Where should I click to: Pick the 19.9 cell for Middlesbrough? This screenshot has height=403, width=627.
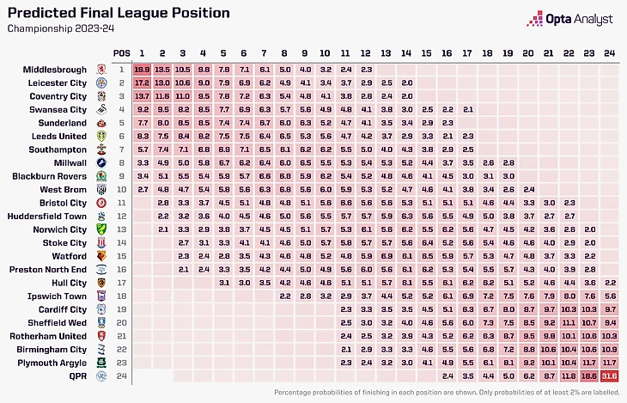(x=142, y=69)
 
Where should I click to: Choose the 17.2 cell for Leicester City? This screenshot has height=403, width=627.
(x=142, y=82)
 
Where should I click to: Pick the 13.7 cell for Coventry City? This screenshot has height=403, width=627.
(x=142, y=96)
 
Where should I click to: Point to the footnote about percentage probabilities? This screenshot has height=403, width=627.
(x=445, y=392)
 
